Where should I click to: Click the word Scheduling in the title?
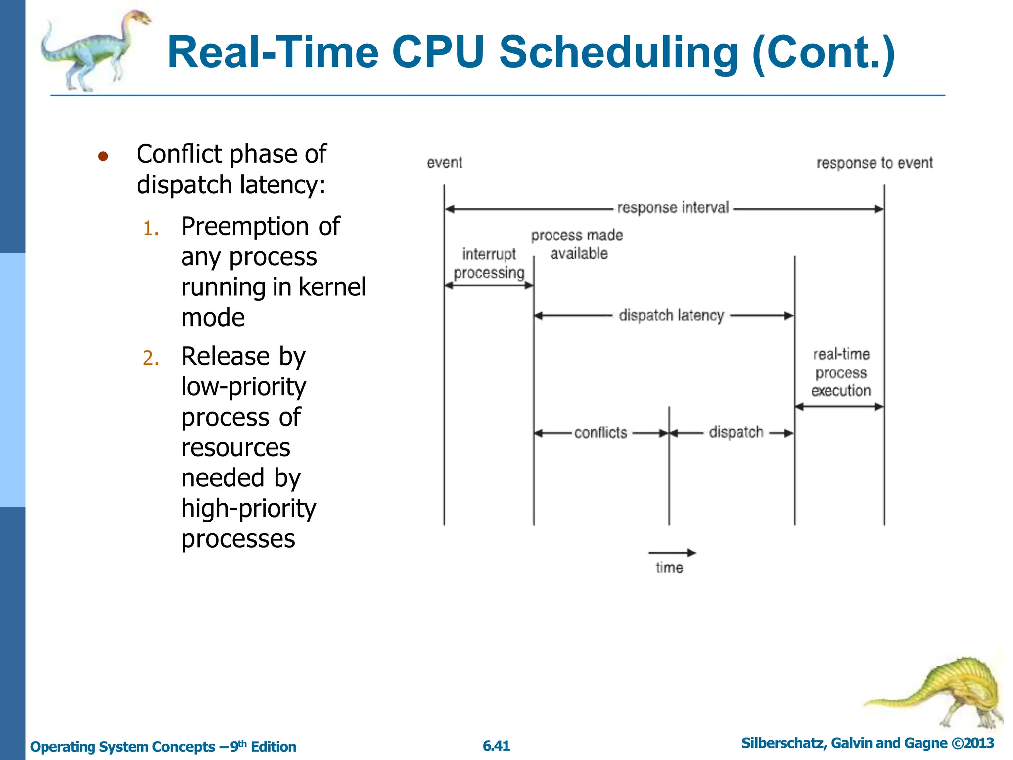(618, 53)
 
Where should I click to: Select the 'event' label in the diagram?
(444, 163)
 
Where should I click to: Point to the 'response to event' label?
(874, 163)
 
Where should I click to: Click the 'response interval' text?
(673, 208)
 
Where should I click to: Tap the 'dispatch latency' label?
(671, 315)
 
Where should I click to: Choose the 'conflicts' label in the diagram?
(600, 433)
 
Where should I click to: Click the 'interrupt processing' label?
(489, 264)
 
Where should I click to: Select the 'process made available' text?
(577, 244)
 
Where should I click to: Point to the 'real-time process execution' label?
(841, 373)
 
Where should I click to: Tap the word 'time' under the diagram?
(669, 568)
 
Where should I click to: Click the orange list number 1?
(151, 229)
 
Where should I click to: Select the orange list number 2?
(151, 358)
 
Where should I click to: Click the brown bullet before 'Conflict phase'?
(103, 157)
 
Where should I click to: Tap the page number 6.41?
(496, 746)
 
